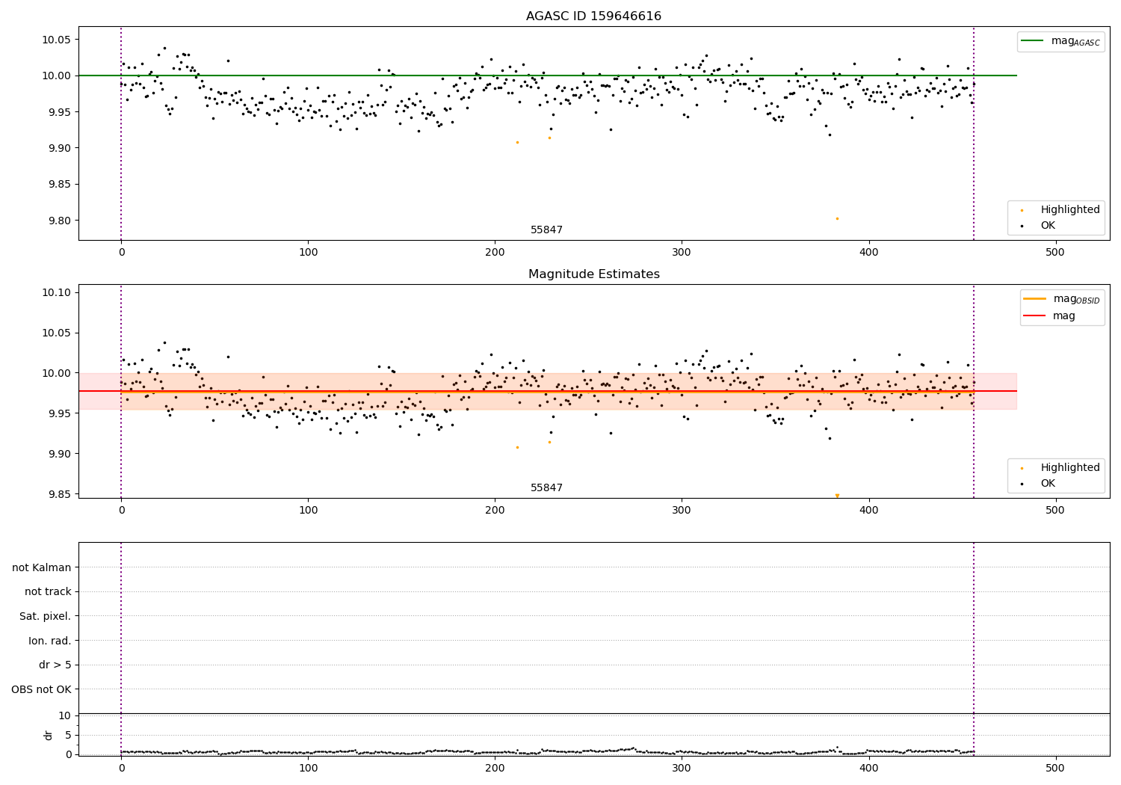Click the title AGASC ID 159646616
click(593, 16)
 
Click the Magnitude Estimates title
click(593, 274)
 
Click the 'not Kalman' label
click(42, 567)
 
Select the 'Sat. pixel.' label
click(46, 616)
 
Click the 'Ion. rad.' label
click(50, 641)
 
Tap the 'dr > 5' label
click(55, 665)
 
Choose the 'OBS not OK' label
click(42, 689)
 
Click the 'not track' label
click(48, 591)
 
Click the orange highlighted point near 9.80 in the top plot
click(837, 218)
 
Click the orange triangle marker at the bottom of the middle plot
click(837, 496)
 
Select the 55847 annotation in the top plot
click(546, 230)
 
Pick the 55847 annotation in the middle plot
click(546, 488)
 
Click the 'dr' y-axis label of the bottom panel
click(49, 735)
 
